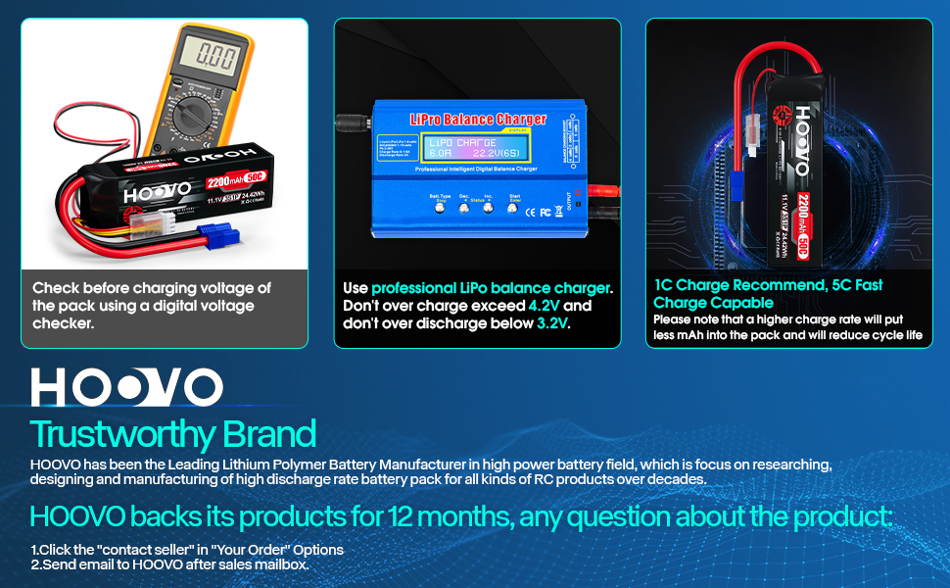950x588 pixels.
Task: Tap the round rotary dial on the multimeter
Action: pyautogui.click(x=209, y=110)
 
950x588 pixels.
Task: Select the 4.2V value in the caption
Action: pyautogui.click(x=545, y=306)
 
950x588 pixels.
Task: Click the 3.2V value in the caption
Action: pyautogui.click(x=553, y=323)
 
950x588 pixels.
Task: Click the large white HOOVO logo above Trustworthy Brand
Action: pyautogui.click(x=126, y=387)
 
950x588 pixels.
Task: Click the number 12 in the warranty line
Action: pyautogui.click(x=405, y=515)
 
